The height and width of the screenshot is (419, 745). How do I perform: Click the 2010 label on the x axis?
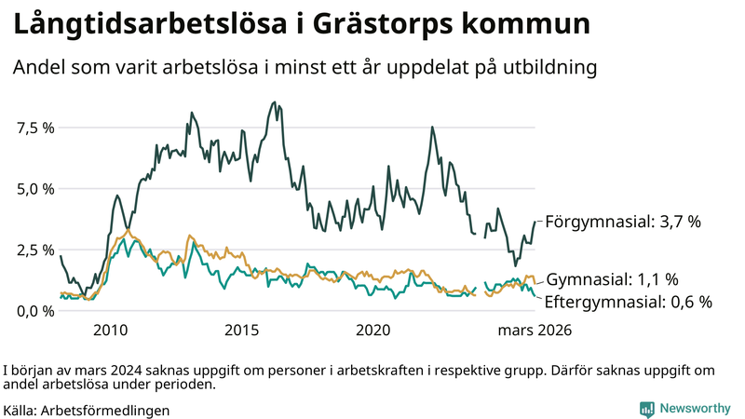coord(110,330)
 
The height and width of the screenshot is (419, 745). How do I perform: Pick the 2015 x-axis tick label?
coord(241,330)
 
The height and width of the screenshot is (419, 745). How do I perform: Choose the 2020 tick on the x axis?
coord(372,330)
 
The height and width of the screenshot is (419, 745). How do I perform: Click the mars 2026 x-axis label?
coord(534,330)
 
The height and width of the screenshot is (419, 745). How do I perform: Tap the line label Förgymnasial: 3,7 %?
coord(622,223)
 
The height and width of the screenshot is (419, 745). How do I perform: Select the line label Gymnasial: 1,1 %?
coord(611,279)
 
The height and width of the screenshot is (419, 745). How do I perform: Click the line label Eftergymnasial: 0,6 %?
coord(628,302)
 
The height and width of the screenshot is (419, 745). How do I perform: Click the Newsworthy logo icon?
coord(646,408)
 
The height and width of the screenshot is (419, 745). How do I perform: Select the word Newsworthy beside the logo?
coord(696,408)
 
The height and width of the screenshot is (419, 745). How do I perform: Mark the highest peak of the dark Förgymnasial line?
coord(273,102)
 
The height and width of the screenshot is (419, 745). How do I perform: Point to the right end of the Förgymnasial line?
coord(535,222)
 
